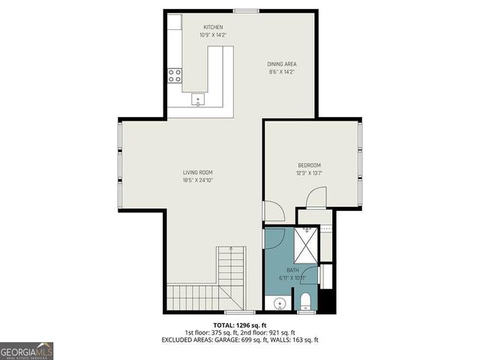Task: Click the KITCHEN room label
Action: tap(213, 28)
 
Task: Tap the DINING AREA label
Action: tap(282, 64)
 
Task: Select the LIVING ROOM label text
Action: tap(198, 172)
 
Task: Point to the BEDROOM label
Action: tap(309, 165)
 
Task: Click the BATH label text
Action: tap(292, 270)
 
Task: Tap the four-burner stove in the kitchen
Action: tap(175, 75)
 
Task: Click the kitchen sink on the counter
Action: tap(199, 99)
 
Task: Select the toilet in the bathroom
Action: tap(305, 301)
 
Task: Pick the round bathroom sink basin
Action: tap(278, 304)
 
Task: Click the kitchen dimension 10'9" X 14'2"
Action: tap(213, 35)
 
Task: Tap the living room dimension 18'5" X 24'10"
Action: tap(198, 180)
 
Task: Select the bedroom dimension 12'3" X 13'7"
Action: tap(309, 172)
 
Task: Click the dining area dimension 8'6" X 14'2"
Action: tap(282, 72)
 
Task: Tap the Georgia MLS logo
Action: tap(27, 350)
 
